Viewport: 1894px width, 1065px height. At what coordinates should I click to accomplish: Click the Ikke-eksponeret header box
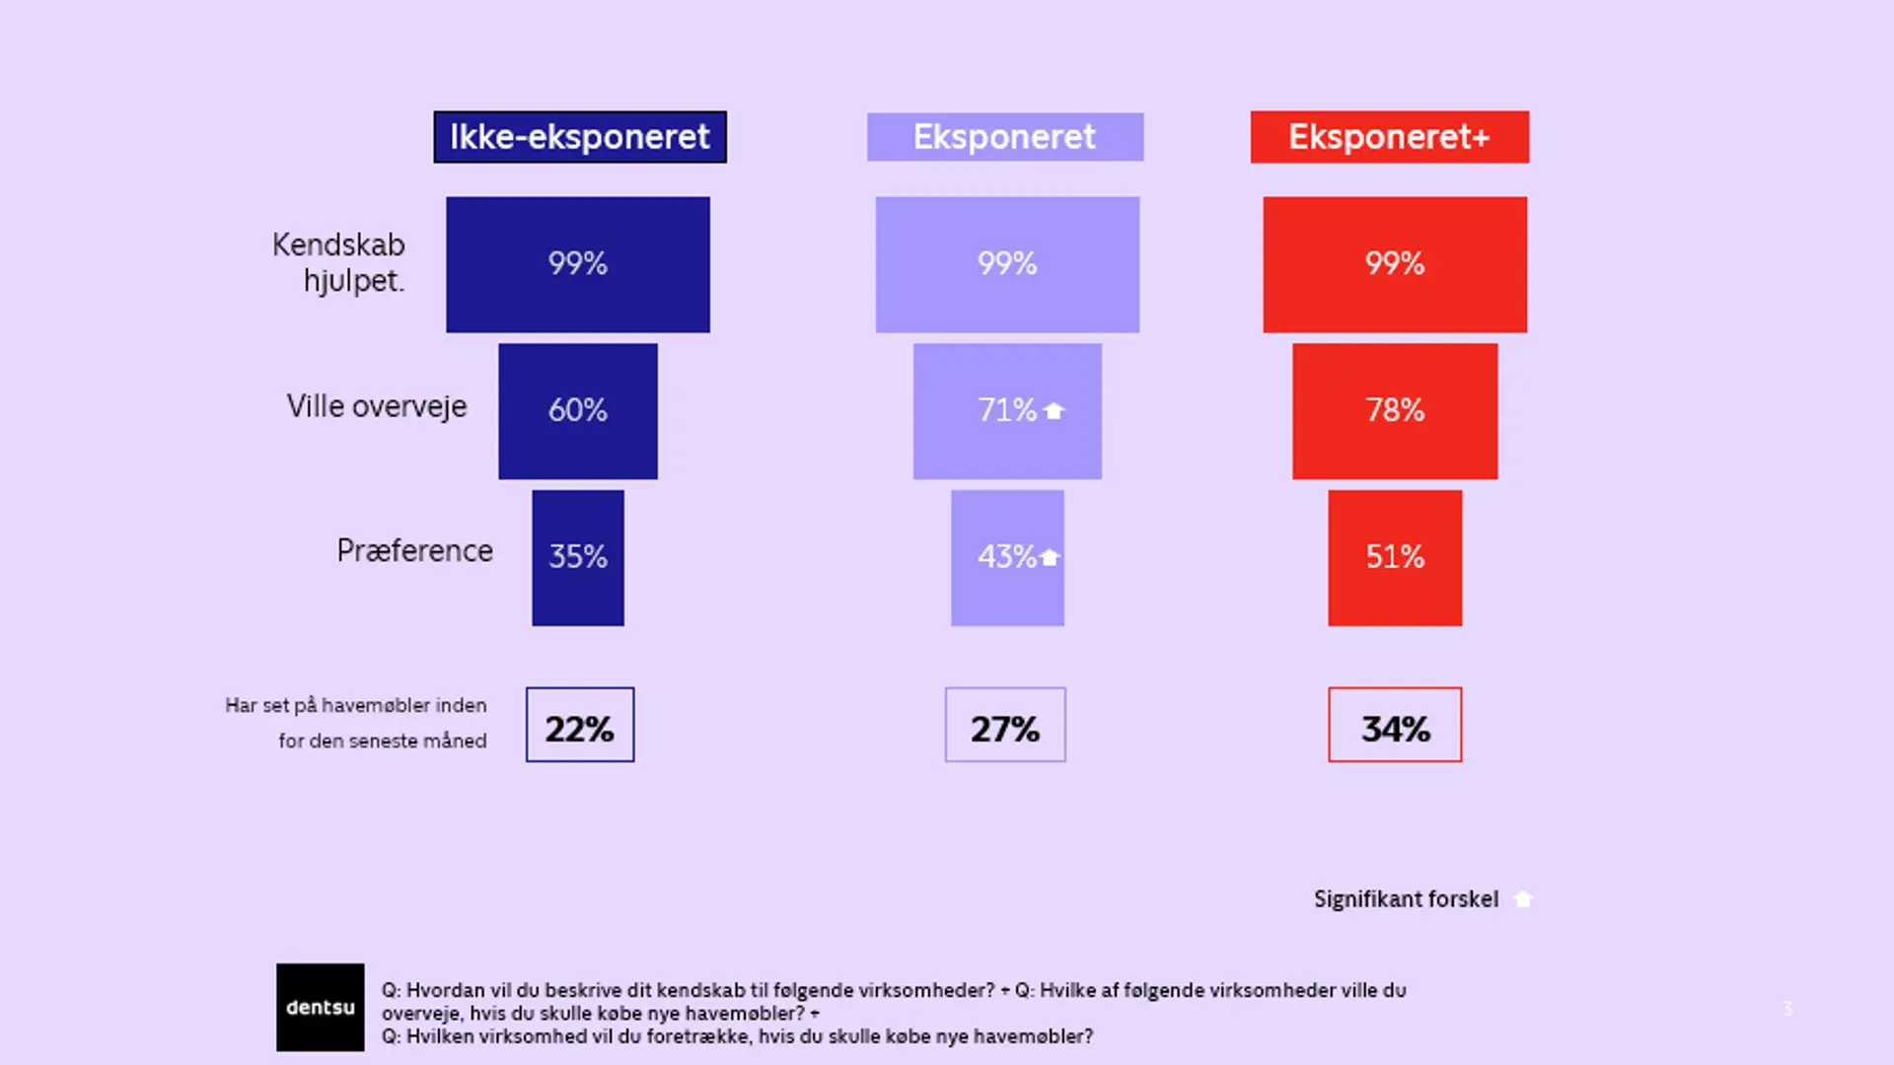pos(580,137)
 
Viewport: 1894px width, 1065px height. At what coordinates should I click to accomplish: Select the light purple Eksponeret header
pos(1005,137)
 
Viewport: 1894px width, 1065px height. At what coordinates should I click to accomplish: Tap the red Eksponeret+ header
pos(1389,137)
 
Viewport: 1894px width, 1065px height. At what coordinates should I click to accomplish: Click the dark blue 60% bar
pos(578,411)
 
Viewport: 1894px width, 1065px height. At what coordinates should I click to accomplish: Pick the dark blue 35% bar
pos(578,558)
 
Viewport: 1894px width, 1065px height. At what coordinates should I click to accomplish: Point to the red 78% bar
pos(1395,411)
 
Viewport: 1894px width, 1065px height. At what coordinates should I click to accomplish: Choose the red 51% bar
pos(1395,558)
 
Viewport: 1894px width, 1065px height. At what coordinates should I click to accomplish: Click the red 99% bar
pos(1395,264)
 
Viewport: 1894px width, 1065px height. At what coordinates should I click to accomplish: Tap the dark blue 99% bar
pos(578,264)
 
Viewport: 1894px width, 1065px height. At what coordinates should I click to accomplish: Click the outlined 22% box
pos(580,725)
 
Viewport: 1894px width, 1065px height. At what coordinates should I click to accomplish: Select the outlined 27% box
pos(1005,725)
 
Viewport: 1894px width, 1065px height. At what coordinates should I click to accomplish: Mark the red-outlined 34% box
pos(1395,725)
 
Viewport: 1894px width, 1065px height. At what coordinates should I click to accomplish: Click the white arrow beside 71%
pos(1054,410)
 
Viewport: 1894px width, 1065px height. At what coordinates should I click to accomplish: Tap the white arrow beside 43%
pos(1050,557)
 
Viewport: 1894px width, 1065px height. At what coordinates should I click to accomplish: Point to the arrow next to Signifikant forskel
pos(1523,899)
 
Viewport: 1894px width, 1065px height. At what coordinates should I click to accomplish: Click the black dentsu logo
pos(321,1007)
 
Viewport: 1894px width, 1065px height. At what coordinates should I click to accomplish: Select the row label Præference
pos(414,550)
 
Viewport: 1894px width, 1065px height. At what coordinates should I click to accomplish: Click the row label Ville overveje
pos(377,406)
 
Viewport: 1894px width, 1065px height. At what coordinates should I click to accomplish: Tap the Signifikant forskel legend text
pos(1406,899)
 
